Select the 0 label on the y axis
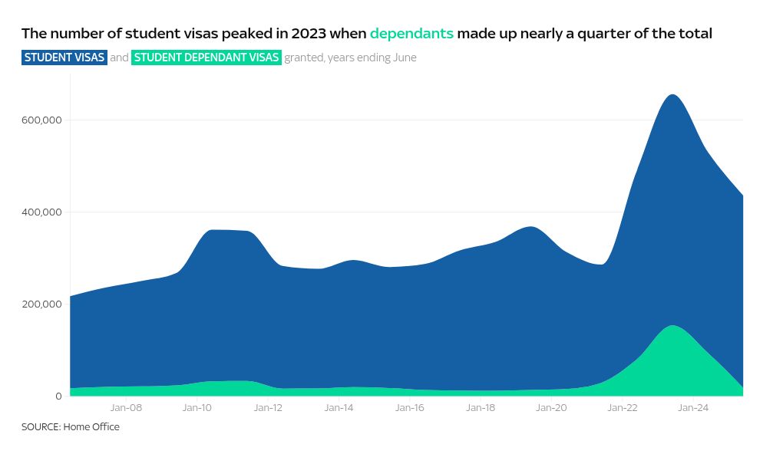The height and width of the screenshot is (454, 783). (x=58, y=396)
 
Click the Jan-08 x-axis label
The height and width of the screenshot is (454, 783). (x=126, y=408)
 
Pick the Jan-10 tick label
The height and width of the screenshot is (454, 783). (x=197, y=408)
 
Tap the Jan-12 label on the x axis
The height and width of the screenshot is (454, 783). (x=268, y=408)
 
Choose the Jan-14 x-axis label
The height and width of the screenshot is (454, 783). (x=339, y=408)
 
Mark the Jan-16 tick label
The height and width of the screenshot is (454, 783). (x=409, y=408)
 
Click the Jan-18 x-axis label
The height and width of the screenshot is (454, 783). (x=481, y=408)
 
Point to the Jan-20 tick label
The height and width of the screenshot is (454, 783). (x=551, y=408)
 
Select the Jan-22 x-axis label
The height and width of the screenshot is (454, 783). (x=622, y=408)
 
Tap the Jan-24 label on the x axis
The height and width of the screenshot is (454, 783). (x=693, y=408)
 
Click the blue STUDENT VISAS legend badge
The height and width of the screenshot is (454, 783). (x=64, y=58)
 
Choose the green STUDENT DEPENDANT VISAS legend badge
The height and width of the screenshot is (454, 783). (x=206, y=58)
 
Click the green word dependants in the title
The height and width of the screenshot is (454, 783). (x=411, y=34)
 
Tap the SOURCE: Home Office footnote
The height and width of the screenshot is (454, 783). (x=71, y=427)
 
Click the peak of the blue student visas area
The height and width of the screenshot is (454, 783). (x=672, y=95)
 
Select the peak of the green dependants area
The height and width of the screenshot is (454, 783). (x=672, y=326)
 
